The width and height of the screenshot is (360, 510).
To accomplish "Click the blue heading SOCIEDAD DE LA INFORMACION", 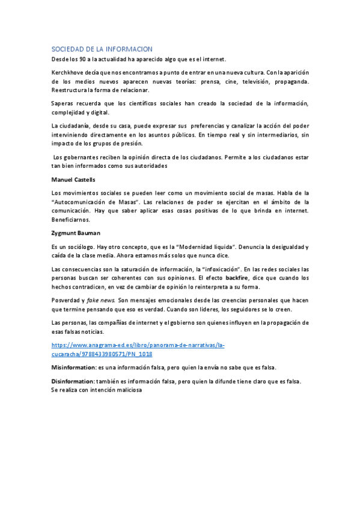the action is tap(102, 49).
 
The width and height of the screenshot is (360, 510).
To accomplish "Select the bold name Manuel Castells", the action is tap(73, 179).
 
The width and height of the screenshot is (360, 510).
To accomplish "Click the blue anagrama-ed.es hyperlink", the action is tap(138, 350).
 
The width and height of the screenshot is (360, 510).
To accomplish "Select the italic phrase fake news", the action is tap(102, 300).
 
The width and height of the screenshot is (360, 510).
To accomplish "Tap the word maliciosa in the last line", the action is tap(127, 390).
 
